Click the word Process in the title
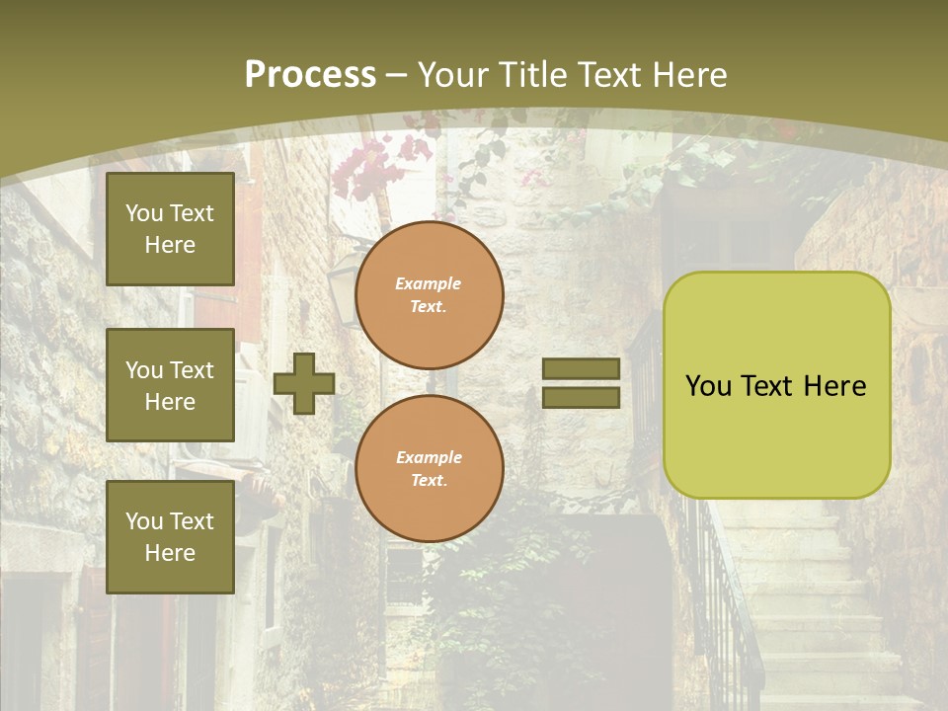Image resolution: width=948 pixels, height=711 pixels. (x=310, y=75)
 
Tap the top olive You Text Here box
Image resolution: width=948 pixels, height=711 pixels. (x=170, y=229)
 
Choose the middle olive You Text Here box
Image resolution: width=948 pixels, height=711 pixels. (x=170, y=385)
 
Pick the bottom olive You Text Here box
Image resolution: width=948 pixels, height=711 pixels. (x=170, y=537)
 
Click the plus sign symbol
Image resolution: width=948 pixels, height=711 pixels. (x=304, y=383)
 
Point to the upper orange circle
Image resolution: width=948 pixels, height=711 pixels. (x=430, y=294)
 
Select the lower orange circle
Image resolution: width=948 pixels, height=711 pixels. (x=430, y=468)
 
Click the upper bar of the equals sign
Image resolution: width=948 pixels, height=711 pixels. (x=582, y=368)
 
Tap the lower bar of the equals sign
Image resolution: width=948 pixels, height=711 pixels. (x=582, y=398)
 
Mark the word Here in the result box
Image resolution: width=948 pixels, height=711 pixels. (x=834, y=386)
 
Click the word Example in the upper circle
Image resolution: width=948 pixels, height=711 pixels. (x=429, y=283)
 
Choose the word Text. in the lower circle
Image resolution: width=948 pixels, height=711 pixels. (x=429, y=481)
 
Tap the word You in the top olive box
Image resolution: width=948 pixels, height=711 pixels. (x=144, y=213)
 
